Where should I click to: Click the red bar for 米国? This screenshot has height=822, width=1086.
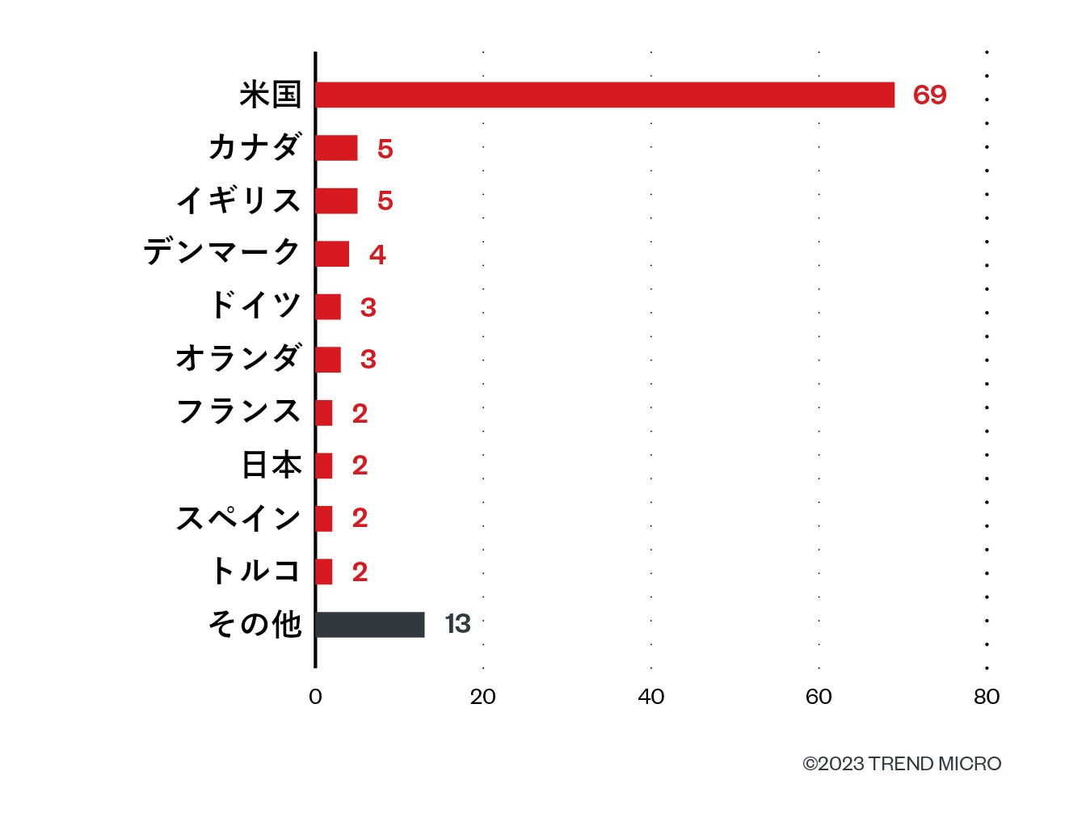click(604, 95)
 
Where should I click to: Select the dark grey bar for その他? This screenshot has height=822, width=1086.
click(370, 625)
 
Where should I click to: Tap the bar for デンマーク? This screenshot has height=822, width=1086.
click(332, 254)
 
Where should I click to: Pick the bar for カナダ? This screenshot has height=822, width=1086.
click(336, 148)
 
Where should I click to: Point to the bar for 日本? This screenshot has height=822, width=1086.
click(324, 466)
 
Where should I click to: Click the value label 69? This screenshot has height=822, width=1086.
click(929, 95)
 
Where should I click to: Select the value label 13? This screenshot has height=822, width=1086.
click(457, 624)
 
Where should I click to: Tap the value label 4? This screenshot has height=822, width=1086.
click(377, 255)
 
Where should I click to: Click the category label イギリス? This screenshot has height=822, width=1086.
click(239, 200)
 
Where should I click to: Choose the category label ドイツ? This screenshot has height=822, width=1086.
click(255, 306)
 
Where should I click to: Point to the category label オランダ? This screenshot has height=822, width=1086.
click(239, 357)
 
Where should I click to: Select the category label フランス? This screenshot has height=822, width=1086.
click(239, 411)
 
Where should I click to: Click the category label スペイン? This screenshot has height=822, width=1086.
click(239, 518)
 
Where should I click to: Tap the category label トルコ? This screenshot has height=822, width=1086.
click(255, 571)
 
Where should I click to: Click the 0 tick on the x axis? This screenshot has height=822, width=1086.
click(315, 697)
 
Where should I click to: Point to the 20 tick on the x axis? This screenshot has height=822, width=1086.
click(483, 697)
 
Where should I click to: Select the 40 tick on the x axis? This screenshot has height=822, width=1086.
click(650, 697)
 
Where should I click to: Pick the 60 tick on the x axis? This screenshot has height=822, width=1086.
click(819, 697)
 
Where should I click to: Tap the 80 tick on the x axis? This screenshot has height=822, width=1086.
click(987, 697)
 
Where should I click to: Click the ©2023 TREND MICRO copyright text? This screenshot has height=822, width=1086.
click(902, 764)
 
